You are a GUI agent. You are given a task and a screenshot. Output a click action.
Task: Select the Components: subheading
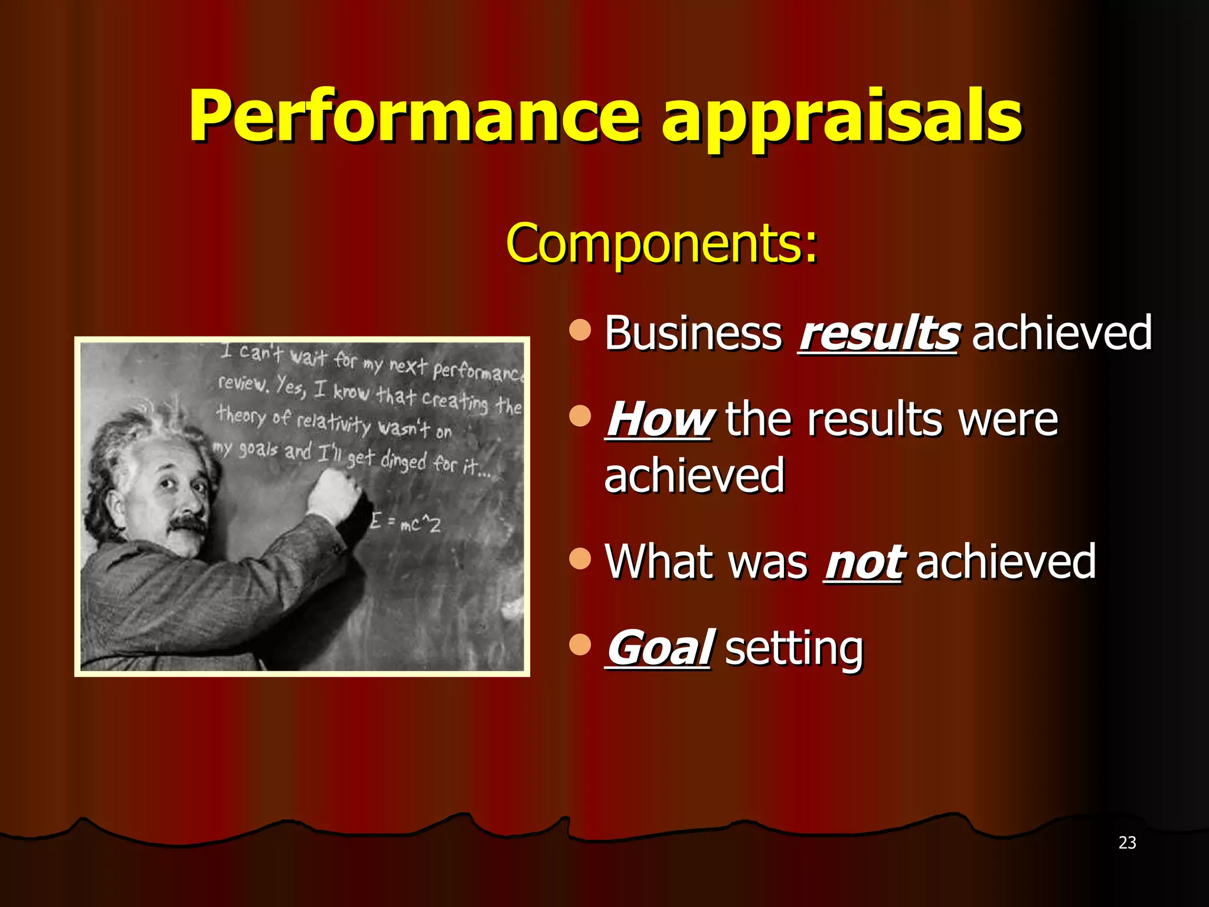662,243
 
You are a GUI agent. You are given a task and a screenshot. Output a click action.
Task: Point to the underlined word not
862,563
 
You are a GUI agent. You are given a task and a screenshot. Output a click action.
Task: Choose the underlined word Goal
659,648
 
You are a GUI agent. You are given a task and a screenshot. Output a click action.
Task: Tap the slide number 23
1127,843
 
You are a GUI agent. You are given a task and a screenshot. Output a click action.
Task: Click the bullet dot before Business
580,330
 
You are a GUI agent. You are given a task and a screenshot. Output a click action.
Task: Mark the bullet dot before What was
580,559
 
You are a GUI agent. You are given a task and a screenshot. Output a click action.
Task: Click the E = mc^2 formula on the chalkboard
405,523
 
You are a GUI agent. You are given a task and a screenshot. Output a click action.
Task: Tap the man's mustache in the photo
188,524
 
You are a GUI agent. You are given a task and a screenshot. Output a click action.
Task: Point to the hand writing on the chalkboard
334,493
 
